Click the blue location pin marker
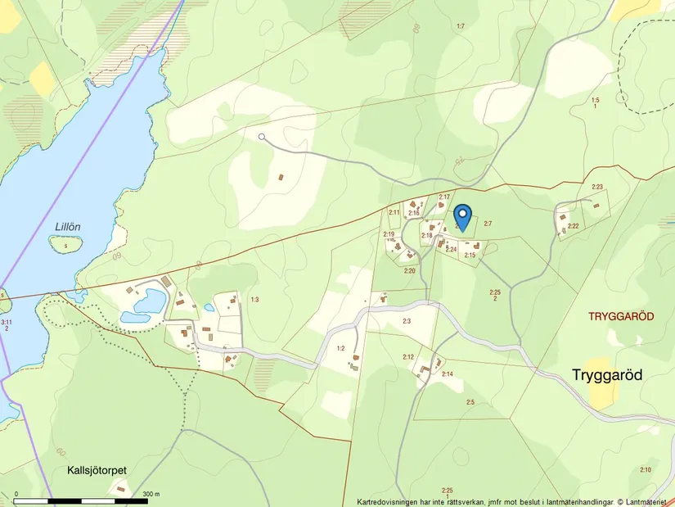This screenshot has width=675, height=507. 463,217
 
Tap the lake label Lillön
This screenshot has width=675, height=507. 69,227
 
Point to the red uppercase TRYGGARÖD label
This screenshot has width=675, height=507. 620,316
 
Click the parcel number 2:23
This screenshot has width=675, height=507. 596,188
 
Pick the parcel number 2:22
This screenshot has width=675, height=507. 573,226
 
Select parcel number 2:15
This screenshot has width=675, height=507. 470,256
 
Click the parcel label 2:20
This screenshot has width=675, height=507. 409,270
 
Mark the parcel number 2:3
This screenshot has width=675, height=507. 407,321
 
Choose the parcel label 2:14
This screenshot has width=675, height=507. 448,374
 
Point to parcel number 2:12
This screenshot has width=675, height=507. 408,356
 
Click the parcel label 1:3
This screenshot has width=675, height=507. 254,300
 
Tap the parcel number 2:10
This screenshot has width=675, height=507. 646,469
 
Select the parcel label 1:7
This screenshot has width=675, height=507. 460,27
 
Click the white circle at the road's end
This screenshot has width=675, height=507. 262,137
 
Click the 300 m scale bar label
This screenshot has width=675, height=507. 151,494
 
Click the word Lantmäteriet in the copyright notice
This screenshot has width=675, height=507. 648,501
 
